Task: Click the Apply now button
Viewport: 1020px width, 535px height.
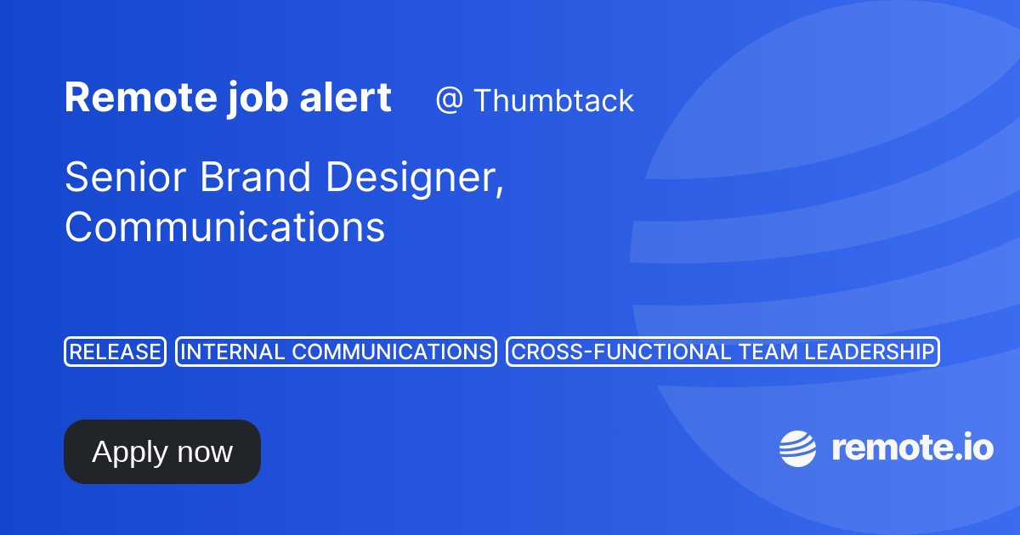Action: (161, 452)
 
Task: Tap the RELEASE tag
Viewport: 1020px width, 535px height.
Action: (115, 352)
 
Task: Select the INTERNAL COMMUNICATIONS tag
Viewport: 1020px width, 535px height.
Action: (336, 352)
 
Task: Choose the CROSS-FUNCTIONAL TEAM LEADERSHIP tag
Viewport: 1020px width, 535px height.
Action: (722, 352)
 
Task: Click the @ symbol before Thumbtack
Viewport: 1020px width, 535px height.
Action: (448, 101)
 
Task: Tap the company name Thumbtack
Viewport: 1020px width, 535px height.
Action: (553, 101)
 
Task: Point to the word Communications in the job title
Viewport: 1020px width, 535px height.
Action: (224, 228)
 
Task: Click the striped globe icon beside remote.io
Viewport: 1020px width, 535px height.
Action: (797, 448)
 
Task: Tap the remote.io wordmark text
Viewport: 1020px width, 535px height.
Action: (912, 448)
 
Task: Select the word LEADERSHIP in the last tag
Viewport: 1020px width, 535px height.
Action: (868, 352)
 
